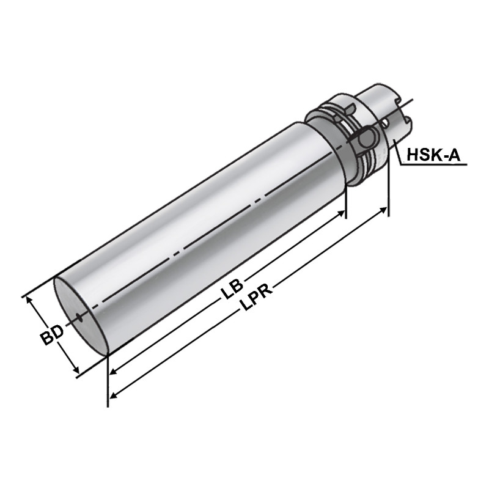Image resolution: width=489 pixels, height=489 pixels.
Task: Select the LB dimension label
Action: [232, 289]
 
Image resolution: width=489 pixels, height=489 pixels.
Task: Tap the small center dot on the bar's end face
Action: [79, 317]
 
